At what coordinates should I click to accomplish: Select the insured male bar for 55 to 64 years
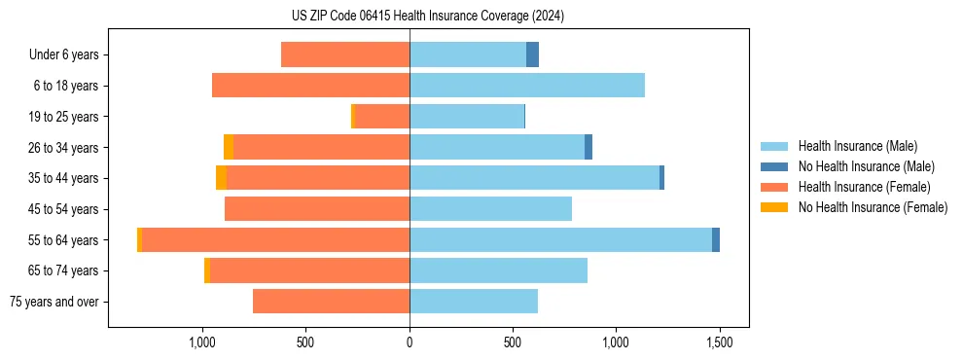point(560,239)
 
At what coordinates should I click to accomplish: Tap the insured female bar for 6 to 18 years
point(310,86)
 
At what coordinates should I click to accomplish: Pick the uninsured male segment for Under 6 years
point(532,54)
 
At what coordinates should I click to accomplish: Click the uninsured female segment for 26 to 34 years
point(229,147)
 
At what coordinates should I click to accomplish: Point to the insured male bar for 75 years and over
point(474,302)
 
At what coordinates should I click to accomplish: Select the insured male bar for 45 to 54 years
point(490,209)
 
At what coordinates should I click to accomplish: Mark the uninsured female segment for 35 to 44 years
point(221,178)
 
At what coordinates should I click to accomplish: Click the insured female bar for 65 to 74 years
point(309,270)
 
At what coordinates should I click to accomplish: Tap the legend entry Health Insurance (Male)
point(857,146)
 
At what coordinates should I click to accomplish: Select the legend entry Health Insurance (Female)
point(864,187)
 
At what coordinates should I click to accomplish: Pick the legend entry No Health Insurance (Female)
point(873,207)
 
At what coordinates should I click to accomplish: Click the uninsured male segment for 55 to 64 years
point(716,239)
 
